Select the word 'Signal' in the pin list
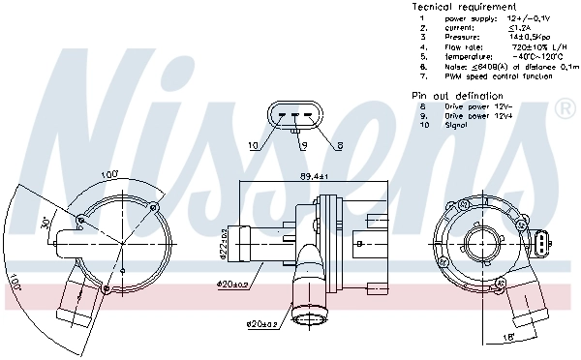point(456,125)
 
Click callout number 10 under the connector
point(253,146)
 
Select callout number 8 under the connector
point(340,146)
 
